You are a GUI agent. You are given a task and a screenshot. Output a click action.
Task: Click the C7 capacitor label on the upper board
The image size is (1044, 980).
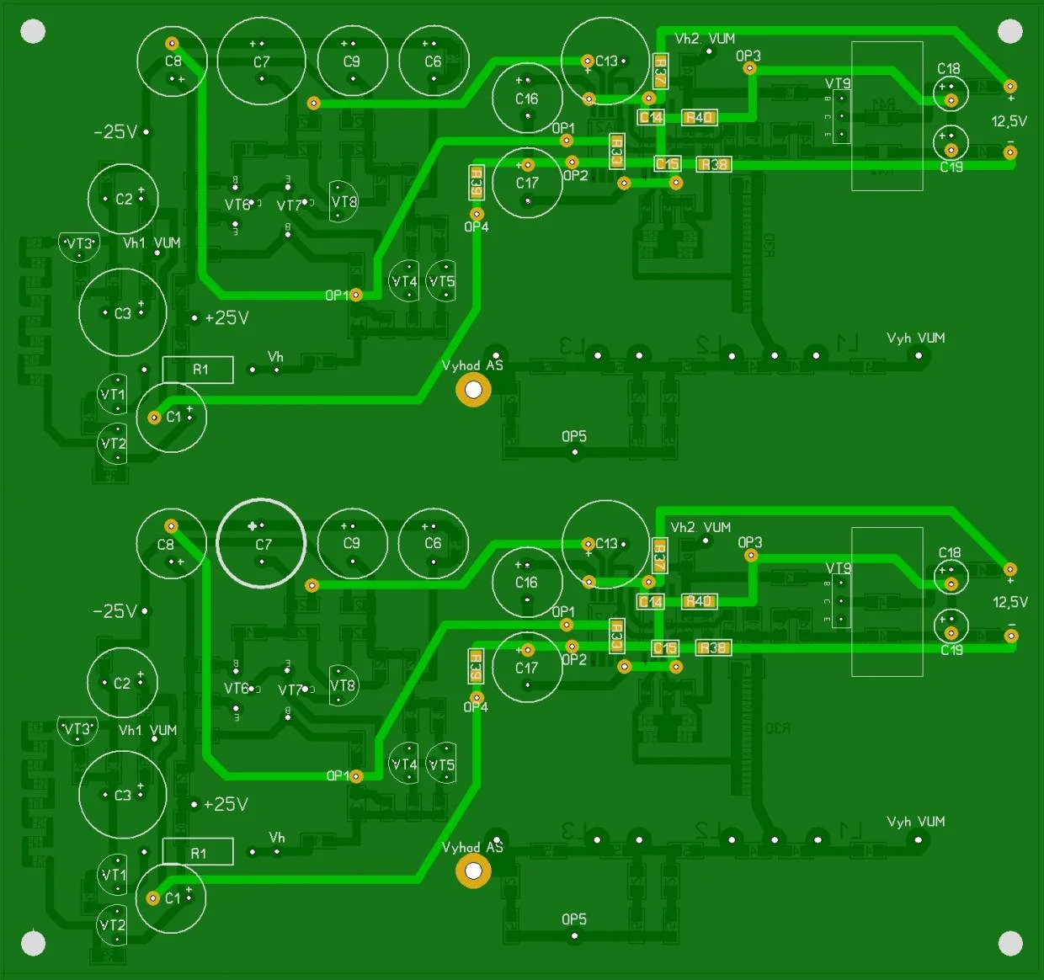coord(262,61)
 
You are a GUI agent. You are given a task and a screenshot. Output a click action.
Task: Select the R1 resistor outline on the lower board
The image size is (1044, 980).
coord(198,852)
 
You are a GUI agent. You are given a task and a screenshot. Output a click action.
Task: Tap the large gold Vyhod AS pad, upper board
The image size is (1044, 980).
coord(473,390)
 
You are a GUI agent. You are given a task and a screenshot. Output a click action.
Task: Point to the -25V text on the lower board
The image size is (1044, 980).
coord(115,611)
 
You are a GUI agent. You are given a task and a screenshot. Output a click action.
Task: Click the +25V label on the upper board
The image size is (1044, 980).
coord(226,318)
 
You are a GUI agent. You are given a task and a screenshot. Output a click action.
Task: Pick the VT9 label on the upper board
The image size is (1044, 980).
coord(838,83)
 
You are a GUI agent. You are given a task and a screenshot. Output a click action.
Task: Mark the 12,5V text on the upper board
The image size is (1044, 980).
coord(1009,121)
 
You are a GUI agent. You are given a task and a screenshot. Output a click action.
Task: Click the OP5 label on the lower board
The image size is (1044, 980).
coord(574,919)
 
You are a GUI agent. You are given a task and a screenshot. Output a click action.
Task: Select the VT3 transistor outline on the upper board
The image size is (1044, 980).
coord(79,245)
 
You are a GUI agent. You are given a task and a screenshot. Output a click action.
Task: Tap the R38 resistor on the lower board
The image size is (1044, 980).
coord(712,647)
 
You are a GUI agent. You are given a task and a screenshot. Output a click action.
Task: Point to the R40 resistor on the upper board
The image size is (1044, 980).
coord(699,118)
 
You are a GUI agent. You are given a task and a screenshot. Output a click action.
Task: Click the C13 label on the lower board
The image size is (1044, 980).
coord(606,544)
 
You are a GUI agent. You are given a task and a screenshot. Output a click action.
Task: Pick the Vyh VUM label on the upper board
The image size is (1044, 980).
coord(915,338)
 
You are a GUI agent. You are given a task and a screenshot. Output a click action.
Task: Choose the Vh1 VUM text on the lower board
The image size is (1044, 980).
coord(147,730)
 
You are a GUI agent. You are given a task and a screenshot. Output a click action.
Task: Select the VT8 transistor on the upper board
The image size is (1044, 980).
coord(344,201)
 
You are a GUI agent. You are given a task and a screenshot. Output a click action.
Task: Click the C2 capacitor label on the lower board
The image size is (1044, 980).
coord(122,683)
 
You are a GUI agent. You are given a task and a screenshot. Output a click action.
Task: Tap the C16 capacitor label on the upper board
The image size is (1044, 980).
coord(527,99)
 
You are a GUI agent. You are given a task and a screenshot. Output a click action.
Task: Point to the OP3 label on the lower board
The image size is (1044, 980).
coord(749,542)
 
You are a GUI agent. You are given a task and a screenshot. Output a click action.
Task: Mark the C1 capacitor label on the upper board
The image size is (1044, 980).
coord(173,417)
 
